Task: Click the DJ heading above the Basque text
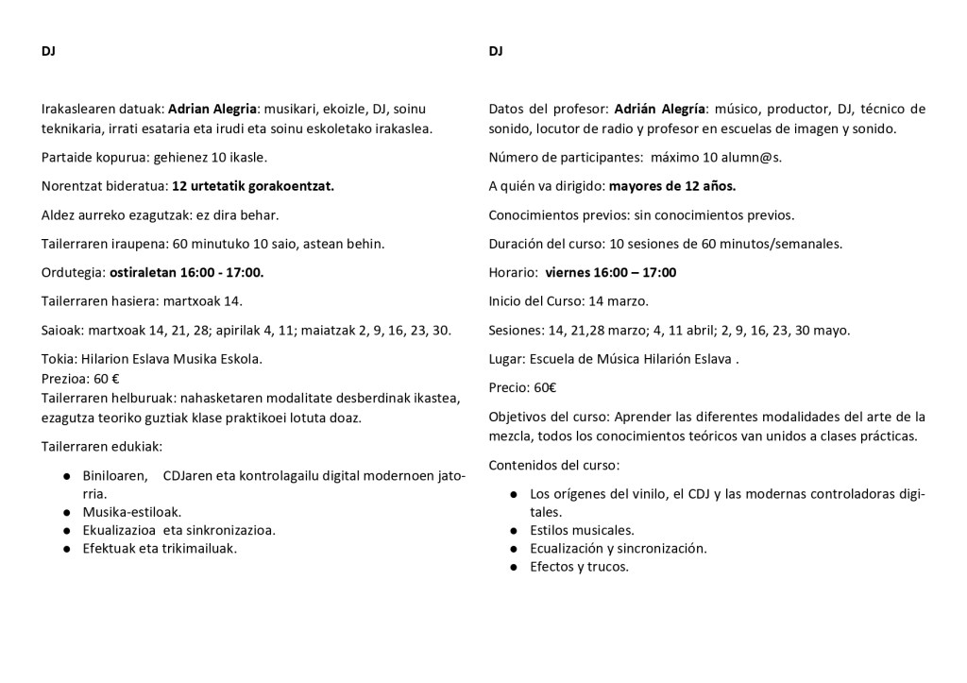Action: coord(48,51)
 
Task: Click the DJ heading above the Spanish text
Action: coord(496,51)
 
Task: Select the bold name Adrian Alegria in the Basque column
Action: coord(212,109)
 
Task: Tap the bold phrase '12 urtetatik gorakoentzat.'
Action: coord(253,186)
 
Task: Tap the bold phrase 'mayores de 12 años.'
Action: coord(671,186)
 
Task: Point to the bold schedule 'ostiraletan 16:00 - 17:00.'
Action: coord(186,273)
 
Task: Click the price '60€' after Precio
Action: coord(545,387)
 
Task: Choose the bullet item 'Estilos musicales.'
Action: coord(582,530)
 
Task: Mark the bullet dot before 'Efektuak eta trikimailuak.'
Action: coord(67,548)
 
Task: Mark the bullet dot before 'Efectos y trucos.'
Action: coord(513,567)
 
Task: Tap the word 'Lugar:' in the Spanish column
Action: coord(509,359)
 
